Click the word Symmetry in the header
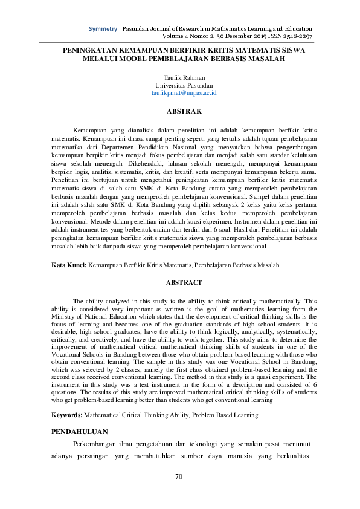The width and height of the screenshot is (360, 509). coord(103,28)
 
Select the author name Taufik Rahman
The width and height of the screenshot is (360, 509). coord(181,78)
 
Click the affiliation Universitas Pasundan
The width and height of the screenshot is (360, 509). coord(181,86)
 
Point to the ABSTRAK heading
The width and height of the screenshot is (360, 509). coord(180,112)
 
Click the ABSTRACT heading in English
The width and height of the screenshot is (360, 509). coord(180,282)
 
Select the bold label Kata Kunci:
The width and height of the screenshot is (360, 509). coord(69,265)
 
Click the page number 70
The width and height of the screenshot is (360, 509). coord(179,476)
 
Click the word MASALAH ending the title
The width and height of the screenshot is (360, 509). coord(265,59)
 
